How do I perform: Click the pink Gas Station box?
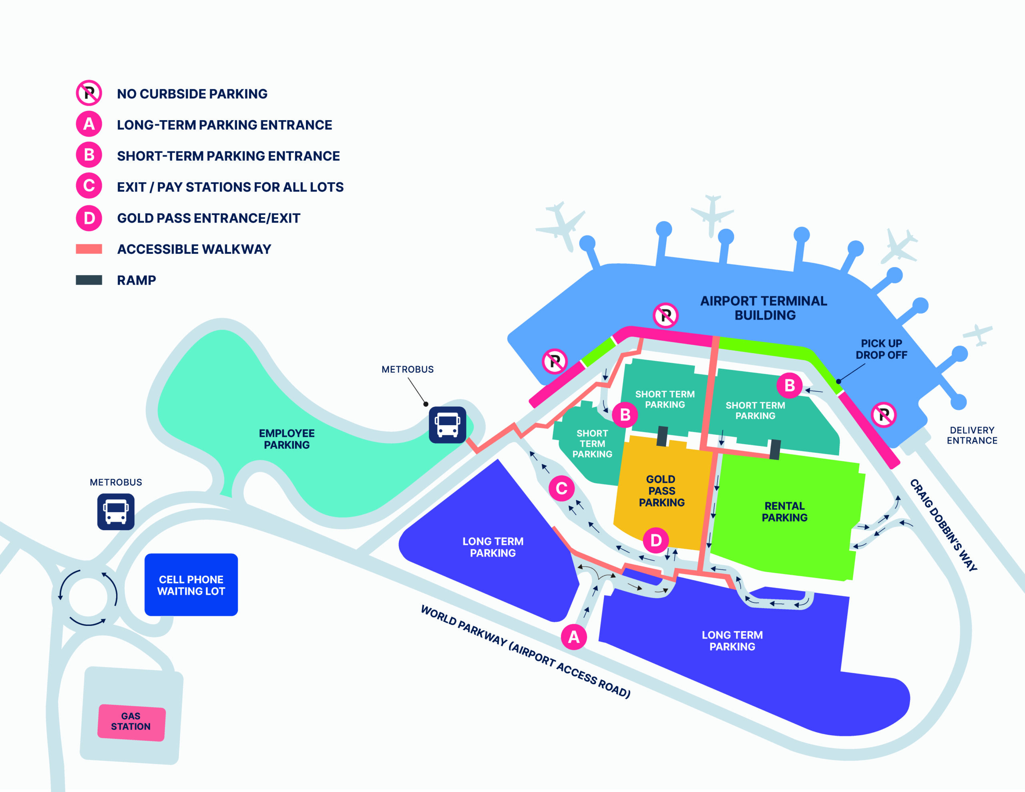click(x=131, y=722)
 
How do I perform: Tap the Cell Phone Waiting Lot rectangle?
click(x=191, y=585)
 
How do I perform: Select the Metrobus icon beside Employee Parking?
click(x=447, y=425)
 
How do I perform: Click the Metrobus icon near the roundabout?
click(x=116, y=512)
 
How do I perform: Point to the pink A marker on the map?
click(x=573, y=637)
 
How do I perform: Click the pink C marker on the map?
click(x=561, y=488)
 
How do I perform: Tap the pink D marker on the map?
click(x=656, y=541)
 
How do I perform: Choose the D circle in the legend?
click(x=89, y=218)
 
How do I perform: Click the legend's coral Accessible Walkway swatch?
click(x=89, y=249)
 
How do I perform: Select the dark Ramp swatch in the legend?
click(x=89, y=280)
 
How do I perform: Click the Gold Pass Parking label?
click(x=661, y=490)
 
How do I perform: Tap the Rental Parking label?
click(x=784, y=512)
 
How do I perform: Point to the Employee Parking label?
click(x=287, y=439)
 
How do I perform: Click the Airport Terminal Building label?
click(x=764, y=308)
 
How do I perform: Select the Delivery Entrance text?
click(x=972, y=435)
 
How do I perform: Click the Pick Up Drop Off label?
click(x=881, y=349)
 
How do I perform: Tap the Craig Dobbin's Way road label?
click(x=943, y=525)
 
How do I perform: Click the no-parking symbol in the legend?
click(x=89, y=93)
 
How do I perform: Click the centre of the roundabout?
click(x=88, y=597)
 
